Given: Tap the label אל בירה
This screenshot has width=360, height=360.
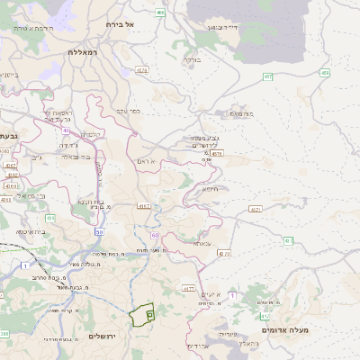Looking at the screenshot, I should click(119, 25).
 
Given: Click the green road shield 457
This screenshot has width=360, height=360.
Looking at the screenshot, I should click(268, 77).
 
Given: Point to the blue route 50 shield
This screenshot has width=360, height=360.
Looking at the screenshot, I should click(99, 231).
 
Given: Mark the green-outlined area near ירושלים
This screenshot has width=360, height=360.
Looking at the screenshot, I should click(140, 315).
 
